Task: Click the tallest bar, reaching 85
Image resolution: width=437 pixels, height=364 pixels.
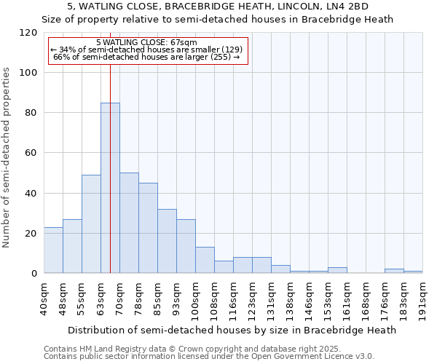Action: click(110, 188)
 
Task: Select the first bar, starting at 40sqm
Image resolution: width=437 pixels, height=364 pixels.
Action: click(53, 250)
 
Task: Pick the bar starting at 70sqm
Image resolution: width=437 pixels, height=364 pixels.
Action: click(129, 223)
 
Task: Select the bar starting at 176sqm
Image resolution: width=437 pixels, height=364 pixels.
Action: click(394, 271)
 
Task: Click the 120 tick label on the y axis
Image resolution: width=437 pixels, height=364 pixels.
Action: click(28, 33)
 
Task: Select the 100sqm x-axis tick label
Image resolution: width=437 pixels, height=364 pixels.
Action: click(196, 298)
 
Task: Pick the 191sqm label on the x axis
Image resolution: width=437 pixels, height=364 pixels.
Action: click(423, 298)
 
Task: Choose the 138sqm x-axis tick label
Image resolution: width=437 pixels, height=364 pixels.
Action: click(291, 298)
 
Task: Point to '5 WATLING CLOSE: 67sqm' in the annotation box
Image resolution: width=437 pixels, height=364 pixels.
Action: click(146, 43)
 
